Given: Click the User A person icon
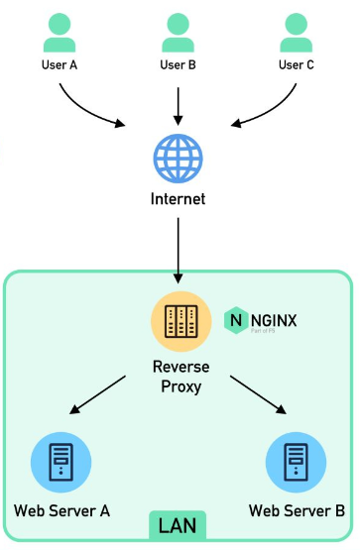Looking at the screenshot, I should point(60,34).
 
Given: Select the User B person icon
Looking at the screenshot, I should point(179,34).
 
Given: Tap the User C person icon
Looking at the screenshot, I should point(297,34).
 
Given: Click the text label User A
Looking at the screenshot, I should point(60,65).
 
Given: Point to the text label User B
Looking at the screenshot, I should point(179,65).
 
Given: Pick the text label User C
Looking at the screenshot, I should point(297,65).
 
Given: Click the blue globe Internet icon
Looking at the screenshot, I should point(179,158).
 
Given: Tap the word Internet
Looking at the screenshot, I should point(179,199).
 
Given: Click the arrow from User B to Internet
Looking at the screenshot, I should point(179,102).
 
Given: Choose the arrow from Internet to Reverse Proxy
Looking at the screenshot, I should point(179,248).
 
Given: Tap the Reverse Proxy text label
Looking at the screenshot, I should point(179,375).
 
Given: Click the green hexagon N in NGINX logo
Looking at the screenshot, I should point(236,319).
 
